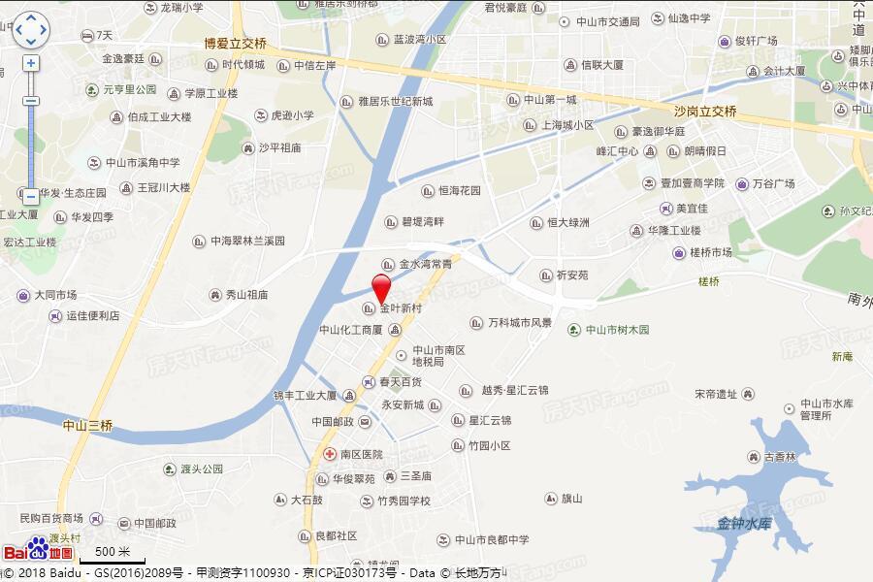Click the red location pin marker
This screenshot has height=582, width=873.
(382, 288)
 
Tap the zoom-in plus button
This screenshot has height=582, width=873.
(31, 63)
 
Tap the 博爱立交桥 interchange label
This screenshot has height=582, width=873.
(235, 44)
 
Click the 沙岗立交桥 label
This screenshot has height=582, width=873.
(705, 112)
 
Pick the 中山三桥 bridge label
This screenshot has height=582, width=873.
(87, 425)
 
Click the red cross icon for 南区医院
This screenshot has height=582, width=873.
(331, 453)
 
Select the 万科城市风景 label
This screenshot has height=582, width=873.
(519, 322)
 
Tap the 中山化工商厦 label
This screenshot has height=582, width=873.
(350, 330)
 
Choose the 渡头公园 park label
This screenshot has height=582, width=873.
(201, 469)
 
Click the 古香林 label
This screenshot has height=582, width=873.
(778, 457)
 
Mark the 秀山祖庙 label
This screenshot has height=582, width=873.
(246, 295)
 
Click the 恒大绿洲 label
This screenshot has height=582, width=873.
(566, 223)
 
